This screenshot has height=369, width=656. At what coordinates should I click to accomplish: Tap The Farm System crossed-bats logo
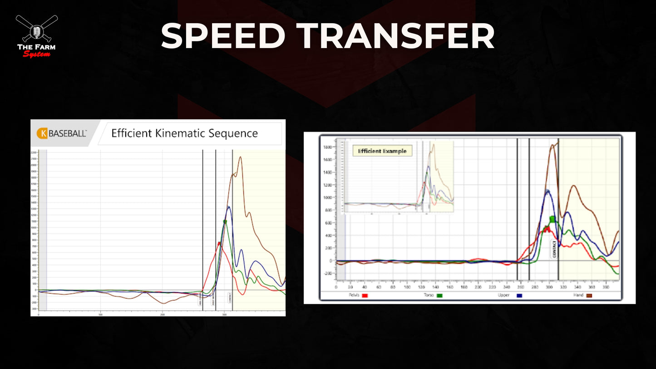[37, 36]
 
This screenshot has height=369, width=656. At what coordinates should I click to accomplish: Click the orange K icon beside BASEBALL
[43, 133]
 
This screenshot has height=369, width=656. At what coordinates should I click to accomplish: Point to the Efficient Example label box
[382, 151]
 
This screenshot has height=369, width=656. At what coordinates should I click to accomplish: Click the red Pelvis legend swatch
[365, 295]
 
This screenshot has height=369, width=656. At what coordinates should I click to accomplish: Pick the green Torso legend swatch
[439, 295]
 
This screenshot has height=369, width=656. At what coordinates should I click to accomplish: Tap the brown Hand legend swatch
[590, 295]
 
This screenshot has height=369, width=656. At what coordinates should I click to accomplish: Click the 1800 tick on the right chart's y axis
[327, 147]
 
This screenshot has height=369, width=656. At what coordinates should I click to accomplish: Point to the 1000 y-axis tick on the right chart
[327, 198]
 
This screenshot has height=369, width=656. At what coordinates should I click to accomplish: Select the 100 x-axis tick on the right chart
[407, 287]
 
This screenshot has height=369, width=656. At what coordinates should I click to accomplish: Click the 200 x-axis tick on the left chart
[163, 314]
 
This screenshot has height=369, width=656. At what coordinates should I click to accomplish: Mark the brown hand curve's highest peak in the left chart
[240, 157]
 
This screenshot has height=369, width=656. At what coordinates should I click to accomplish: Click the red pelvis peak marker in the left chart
[219, 243]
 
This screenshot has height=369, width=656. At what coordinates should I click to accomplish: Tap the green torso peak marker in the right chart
[552, 219]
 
